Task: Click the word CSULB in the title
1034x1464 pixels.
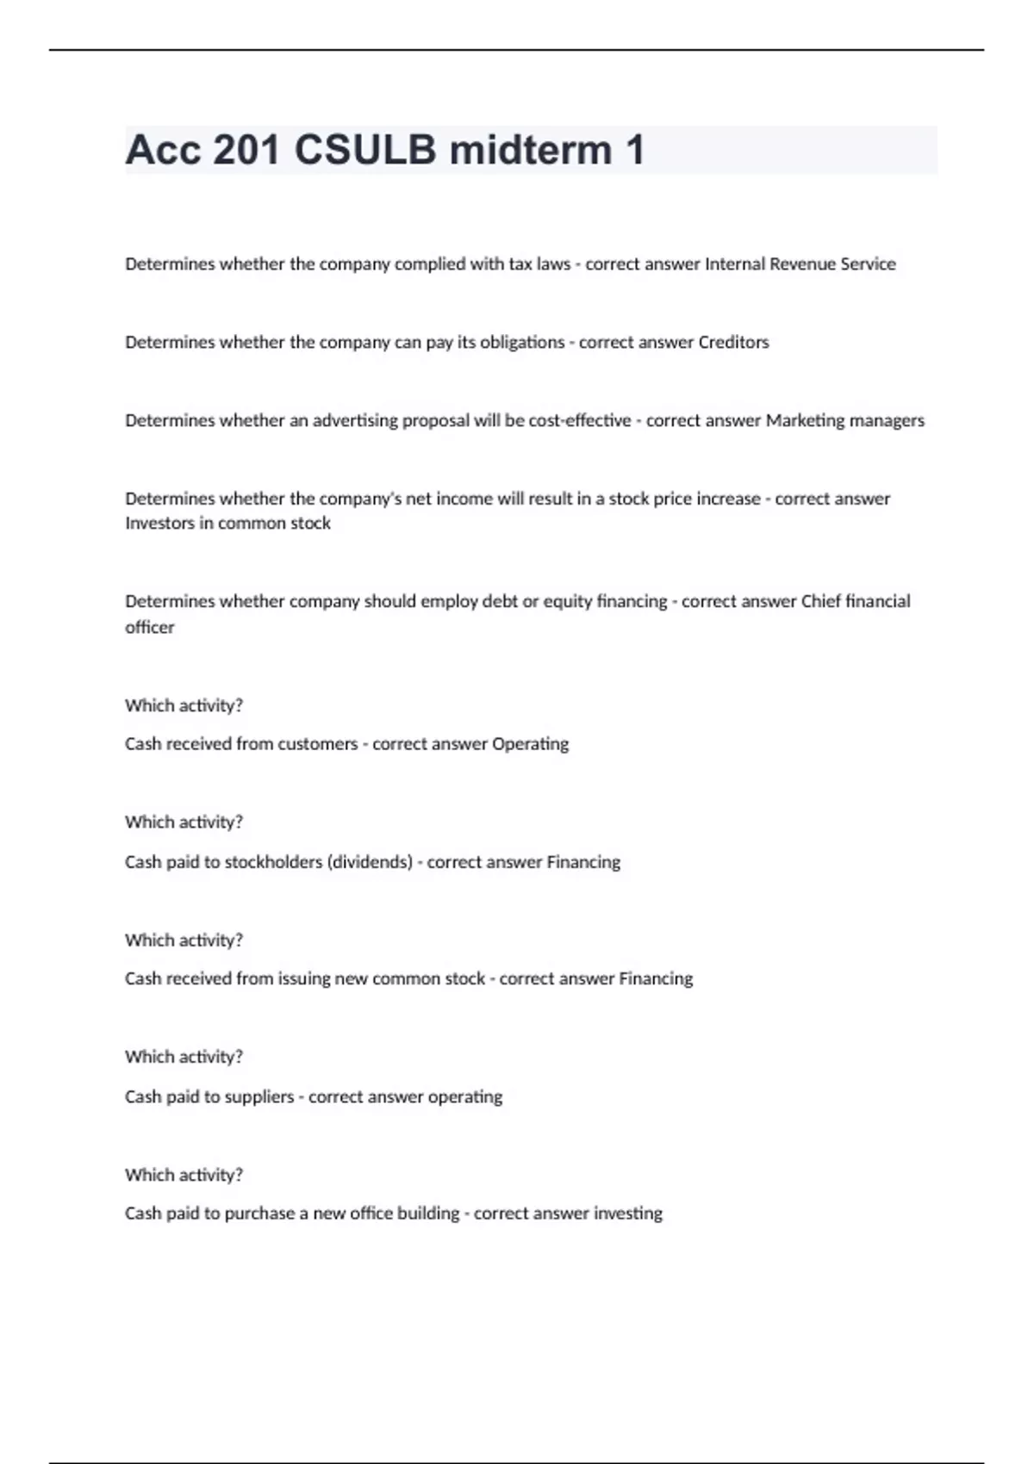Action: click(x=365, y=150)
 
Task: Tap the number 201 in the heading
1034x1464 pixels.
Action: click(x=246, y=150)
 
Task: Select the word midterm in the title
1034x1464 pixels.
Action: click(x=531, y=150)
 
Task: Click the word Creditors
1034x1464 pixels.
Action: click(x=733, y=343)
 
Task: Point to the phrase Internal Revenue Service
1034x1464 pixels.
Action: click(x=800, y=264)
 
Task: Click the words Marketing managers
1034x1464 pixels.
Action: click(x=844, y=420)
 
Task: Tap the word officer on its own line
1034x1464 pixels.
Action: click(x=149, y=628)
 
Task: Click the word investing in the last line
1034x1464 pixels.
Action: click(x=627, y=1213)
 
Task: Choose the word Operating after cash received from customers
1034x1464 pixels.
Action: click(x=530, y=744)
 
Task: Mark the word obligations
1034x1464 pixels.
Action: click(x=522, y=343)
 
